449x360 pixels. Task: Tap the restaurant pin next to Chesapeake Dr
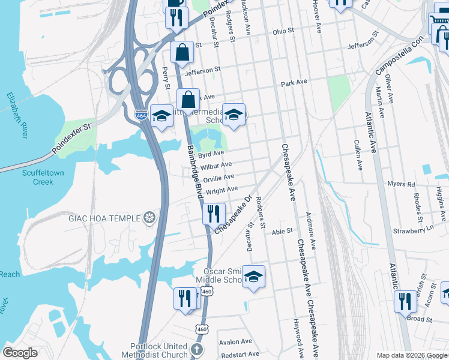[213, 213]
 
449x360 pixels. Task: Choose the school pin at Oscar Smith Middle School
[253, 276]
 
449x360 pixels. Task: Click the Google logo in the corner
[20, 352]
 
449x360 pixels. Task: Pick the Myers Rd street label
[401, 184]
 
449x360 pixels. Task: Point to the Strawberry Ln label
[413, 229]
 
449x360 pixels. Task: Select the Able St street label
[282, 230]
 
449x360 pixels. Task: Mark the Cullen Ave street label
[358, 154]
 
